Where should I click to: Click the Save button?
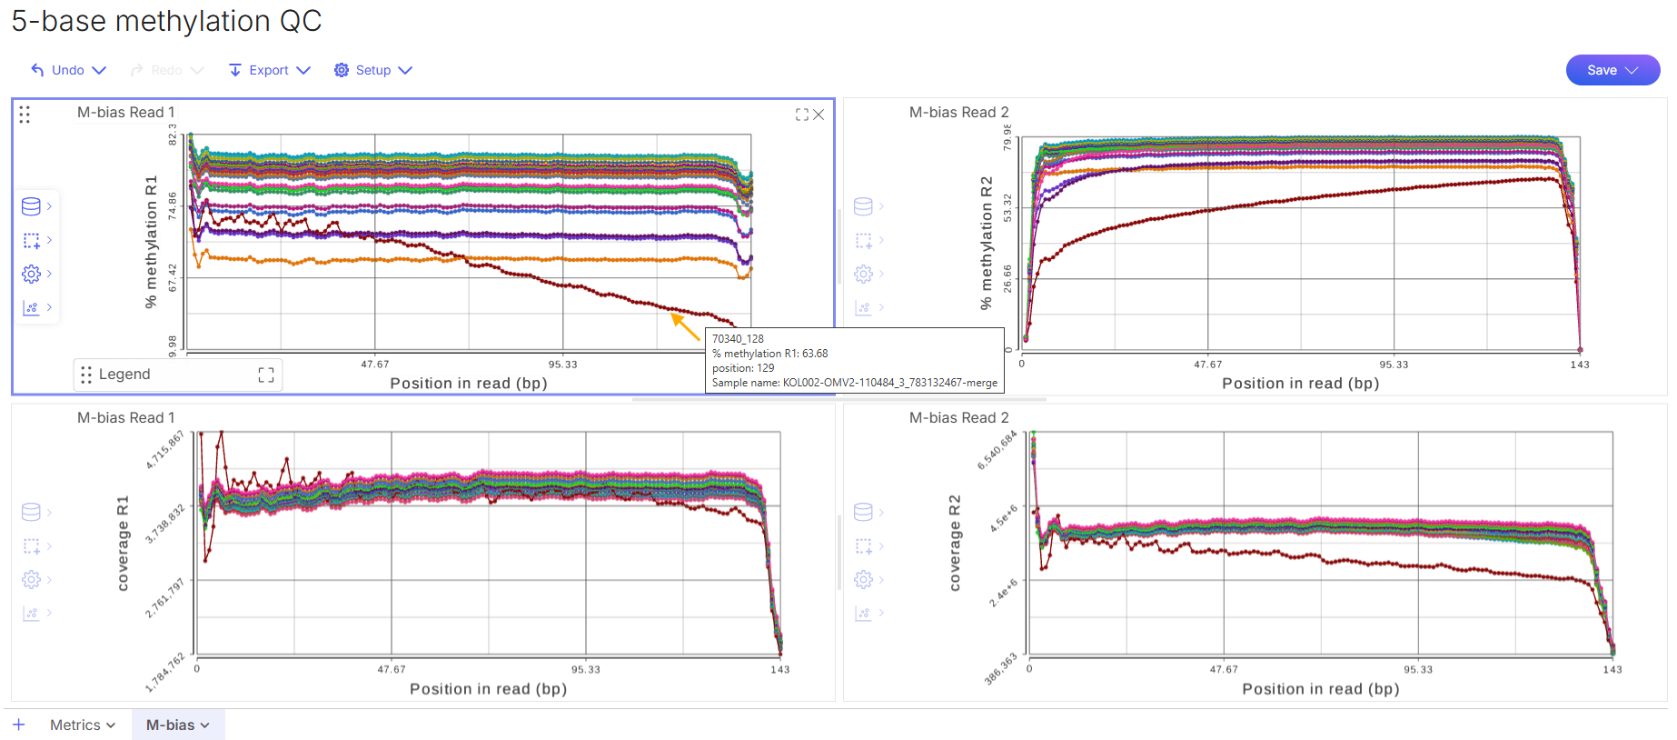pyautogui.click(x=1612, y=70)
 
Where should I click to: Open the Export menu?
pyautogui.click(x=270, y=70)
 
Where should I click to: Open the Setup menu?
pyautogui.click(x=373, y=70)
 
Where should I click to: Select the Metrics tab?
pyautogui.click(x=83, y=725)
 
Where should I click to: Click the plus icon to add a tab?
pyautogui.click(x=19, y=725)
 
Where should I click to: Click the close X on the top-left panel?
pyautogui.click(x=819, y=115)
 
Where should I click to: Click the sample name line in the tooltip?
pyautogui.click(x=854, y=383)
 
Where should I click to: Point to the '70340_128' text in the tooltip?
pyautogui.click(x=738, y=339)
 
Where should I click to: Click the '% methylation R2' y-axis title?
pyautogui.click(x=987, y=243)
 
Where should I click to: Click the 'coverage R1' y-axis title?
pyautogui.click(x=124, y=544)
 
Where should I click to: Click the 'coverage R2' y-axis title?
pyautogui.click(x=955, y=544)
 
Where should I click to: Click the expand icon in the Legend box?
pyautogui.click(x=266, y=375)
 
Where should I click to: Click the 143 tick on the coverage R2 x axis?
pyautogui.click(x=1612, y=670)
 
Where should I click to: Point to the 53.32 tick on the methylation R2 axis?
pyautogui.click(x=1007, y=208)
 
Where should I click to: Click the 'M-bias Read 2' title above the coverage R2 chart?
pyautogui.click(x=958, y=418)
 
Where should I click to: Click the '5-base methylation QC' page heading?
pyautogui.click(x=166, y=21)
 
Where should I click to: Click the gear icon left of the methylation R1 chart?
pyautogui.click(x=31, y=274)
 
